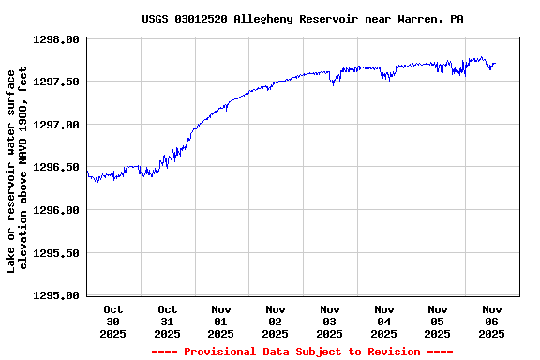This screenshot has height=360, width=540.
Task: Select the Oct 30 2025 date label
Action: click(x=113, y=321)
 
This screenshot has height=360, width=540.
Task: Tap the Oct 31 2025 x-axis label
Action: click(x=167, y=321)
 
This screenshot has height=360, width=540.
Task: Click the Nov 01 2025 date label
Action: click(x=221, y=321)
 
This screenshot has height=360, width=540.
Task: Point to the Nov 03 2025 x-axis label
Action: click(x=329, y=321)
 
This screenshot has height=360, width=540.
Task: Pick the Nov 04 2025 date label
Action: click(x=383, y=321)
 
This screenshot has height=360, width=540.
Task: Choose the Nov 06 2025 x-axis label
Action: click(x=492, y=321)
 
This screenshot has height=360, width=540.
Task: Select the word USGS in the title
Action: click(x=156, y=19)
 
